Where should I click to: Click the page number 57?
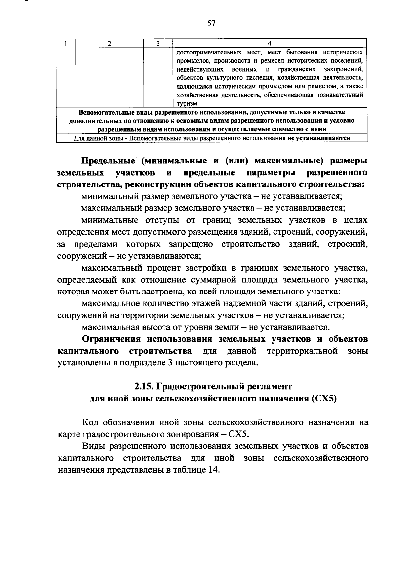(211, 23)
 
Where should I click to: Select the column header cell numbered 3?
(158, 43)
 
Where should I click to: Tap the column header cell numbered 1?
(66, 43)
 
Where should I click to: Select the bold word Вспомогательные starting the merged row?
(100, 112)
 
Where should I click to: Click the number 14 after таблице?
(212, 470)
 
